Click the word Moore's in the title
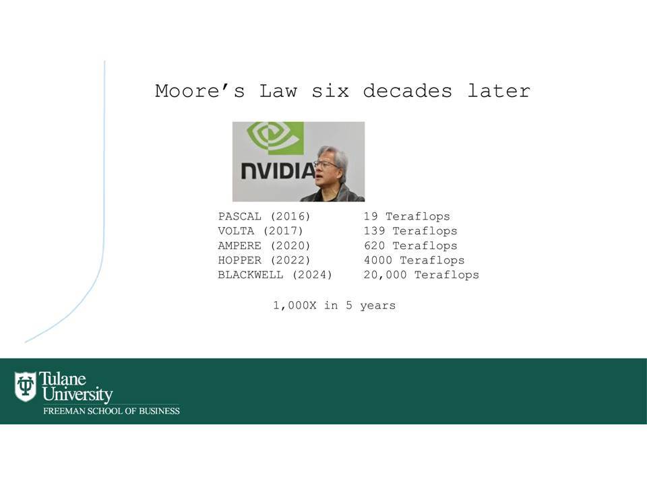point(200,91)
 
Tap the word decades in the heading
point(408,91)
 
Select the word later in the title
point(499,91)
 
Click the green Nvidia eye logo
point(275,137)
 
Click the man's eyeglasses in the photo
point(326,164)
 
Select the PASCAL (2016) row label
point(264,216)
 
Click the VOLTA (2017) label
point(260,231)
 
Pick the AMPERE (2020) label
point(264,246)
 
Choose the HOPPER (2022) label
point(264,260)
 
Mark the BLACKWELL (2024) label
point(275,275)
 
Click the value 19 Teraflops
point(407,216)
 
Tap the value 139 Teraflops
point(410,231)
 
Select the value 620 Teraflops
point(410,246)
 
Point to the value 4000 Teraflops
point(414,260)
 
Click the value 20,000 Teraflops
point(421,275)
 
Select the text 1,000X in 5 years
point(334,306)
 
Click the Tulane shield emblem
point(25,387)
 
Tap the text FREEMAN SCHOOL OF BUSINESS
point(111,411)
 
